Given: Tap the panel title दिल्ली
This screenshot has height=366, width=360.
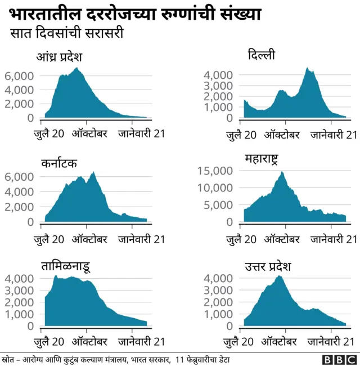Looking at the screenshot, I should coord(262,55).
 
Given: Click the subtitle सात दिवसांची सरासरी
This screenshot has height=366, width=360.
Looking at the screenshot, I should coord(67,34).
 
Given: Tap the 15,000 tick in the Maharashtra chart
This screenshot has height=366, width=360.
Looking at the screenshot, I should coord(213,171).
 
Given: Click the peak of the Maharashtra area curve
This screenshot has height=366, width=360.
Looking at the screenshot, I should coord(282,172).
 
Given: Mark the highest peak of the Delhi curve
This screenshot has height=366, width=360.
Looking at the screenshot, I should coord(307,68).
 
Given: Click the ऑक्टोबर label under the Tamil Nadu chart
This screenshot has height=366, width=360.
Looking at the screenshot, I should coord(89,341).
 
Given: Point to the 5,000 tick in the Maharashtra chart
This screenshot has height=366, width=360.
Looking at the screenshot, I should coord(216,206).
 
